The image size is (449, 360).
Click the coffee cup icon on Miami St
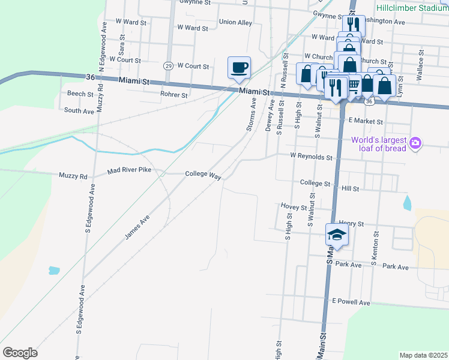pos(239,67)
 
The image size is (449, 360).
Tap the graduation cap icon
pos(337,235)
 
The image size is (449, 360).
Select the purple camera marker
pos(415,143)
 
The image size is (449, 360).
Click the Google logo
pos(20,353)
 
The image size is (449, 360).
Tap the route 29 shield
pos(169,65)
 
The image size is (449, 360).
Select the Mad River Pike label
pos(129,171)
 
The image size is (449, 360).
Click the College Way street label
pos(203,174)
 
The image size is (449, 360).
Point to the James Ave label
pos(136,229)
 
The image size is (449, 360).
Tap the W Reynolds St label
pos(311,156)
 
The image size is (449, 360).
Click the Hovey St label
pos(294,206)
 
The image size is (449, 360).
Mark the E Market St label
pos(365,120)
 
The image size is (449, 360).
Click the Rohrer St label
pos(174,94)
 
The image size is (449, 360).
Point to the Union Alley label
pos(235,22)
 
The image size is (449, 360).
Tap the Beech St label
pos(80,94)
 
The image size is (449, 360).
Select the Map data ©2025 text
pos(424,355)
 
